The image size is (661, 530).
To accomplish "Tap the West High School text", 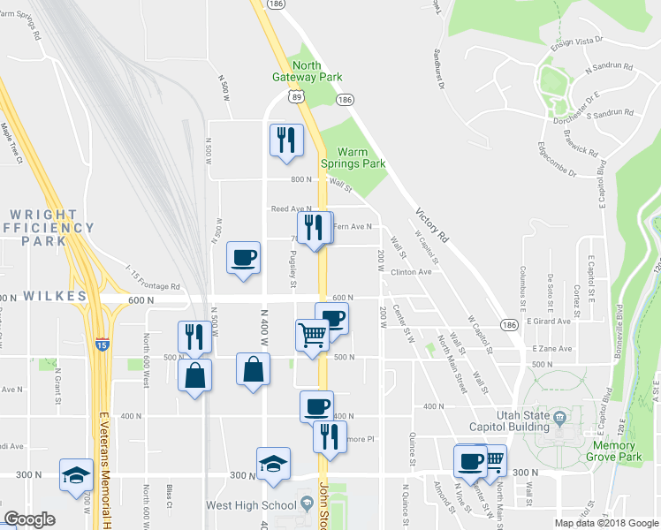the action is click(250, 505).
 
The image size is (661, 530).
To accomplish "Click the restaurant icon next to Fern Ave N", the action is click(315, 229).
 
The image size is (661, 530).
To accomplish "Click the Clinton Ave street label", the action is click(411, 272).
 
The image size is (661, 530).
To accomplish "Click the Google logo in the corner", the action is click(30, 519).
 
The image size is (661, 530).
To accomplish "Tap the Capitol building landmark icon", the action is click(559, 417).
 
